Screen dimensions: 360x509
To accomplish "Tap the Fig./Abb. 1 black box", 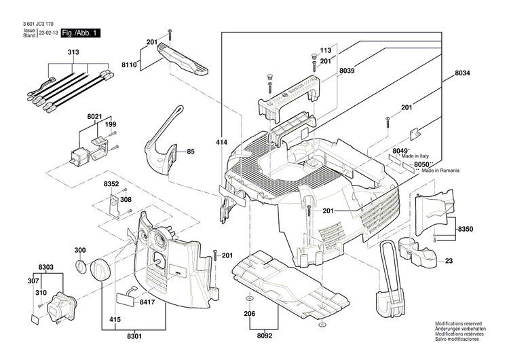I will click(80, 33).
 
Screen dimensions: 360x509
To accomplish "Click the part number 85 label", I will click(191, 151).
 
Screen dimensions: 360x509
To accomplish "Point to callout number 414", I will click(221, 145).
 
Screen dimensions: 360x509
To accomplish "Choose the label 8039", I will click(347, 70).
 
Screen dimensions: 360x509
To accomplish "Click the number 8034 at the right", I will click(462, 73).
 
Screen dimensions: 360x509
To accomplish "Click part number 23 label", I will click(449, 260).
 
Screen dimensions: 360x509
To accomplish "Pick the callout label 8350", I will click(466, 230).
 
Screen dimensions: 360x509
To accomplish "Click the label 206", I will click(250, 315).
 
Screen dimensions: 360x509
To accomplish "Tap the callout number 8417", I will click(149, 302).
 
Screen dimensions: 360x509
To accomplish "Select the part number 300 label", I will click(80, 250).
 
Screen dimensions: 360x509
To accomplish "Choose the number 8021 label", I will click(94, 117).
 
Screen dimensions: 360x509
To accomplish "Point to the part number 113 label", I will click(325, 51).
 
